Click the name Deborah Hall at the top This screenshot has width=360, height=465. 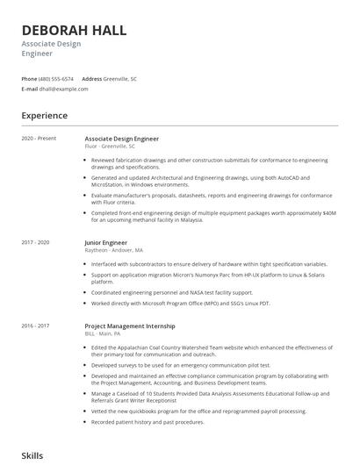pyautogui.click(x=74, y=30)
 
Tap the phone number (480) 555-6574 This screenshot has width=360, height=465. pyautogui.click(x=57, y=79)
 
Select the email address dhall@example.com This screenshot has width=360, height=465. pyautogui.click(x=60, y=89)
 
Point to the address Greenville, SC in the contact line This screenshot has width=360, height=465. pyautogui.click(x=120, y=79)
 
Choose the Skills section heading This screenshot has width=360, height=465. pyautogui.click(x=32, y=456)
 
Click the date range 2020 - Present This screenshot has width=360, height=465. pyautogui.click(x=39, y=139)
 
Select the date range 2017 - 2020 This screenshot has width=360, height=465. pyautogui.click(x=35, y=241)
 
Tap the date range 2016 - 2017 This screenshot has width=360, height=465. pyautogui.click(x=35, y=325)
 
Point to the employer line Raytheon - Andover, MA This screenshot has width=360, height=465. pyautogui.click(x=113, y=249)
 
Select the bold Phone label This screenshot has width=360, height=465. pyautogui.click(x=30, y=79)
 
